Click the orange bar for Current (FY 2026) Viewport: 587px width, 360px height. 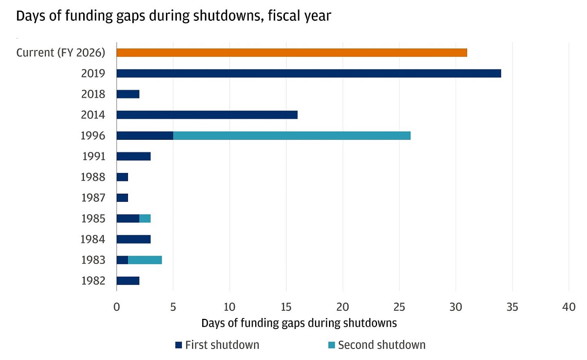click(x=291, y=53)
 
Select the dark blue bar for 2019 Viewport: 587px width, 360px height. click(x=309, y=73)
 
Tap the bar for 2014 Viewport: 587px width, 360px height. click(x=207, y=115)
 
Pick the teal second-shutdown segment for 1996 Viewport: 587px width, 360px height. click(x=292, y=136)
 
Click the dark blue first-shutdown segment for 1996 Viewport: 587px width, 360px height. click(x=145, y=136)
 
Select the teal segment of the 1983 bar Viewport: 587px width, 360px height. click(x=145, y=260)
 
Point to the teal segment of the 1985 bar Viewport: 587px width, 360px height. click(x=145, y=219)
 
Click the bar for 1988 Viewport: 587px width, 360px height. click(x=122, y=177)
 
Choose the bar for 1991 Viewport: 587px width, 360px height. click(x=133, y=156)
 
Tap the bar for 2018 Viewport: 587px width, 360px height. click(x=128, y=94)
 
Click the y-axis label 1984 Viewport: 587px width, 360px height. click(x=93, y=239)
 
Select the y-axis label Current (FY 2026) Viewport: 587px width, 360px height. click(x=61, y=53)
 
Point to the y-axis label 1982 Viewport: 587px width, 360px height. click(x=93, y=281)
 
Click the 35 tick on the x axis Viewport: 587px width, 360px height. click(x=512, y=307)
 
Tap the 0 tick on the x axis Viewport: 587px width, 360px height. click(x=117, y=307)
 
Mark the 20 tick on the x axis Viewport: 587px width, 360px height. click(x=342, y=307)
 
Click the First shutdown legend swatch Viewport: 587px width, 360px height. click(x=179, y=345)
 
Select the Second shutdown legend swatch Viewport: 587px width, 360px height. click(x=331, y=345)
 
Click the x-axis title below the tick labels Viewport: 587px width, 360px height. click(x=299, y=323)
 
